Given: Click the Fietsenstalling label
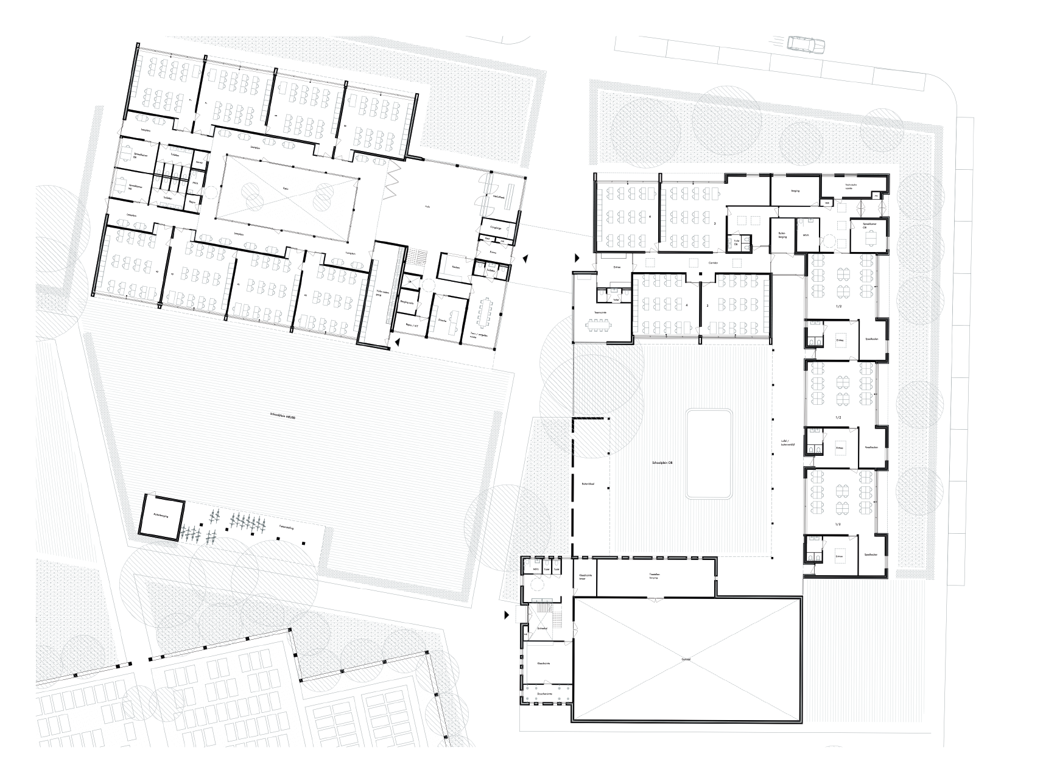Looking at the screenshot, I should [287, 528].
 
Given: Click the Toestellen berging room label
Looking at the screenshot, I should [654, 575].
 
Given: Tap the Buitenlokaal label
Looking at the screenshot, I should [588, 483].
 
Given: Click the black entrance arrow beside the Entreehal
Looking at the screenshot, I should [507, 617].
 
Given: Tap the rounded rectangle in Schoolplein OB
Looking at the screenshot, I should [708, 453].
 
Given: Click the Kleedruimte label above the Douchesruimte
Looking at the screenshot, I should [544, 665].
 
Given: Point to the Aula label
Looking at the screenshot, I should [427, 206].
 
